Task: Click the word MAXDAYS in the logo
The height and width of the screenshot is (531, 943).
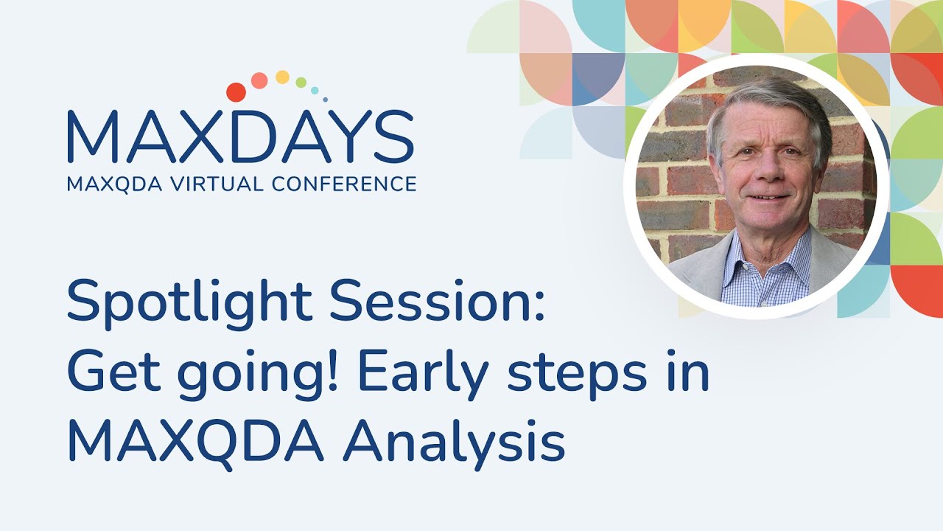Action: pyautogui.click(x=240, y=138)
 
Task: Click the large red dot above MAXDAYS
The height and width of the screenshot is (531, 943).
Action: pyautogui.click(x=236, y=92)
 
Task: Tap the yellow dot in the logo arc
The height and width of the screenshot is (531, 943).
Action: pyautogui.click(x=282, y=77)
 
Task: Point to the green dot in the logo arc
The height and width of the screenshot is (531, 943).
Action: pyautogui.click(x=301, y=82)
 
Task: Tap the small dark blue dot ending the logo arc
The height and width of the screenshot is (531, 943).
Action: pyautogui.click(x=325, y=99)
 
